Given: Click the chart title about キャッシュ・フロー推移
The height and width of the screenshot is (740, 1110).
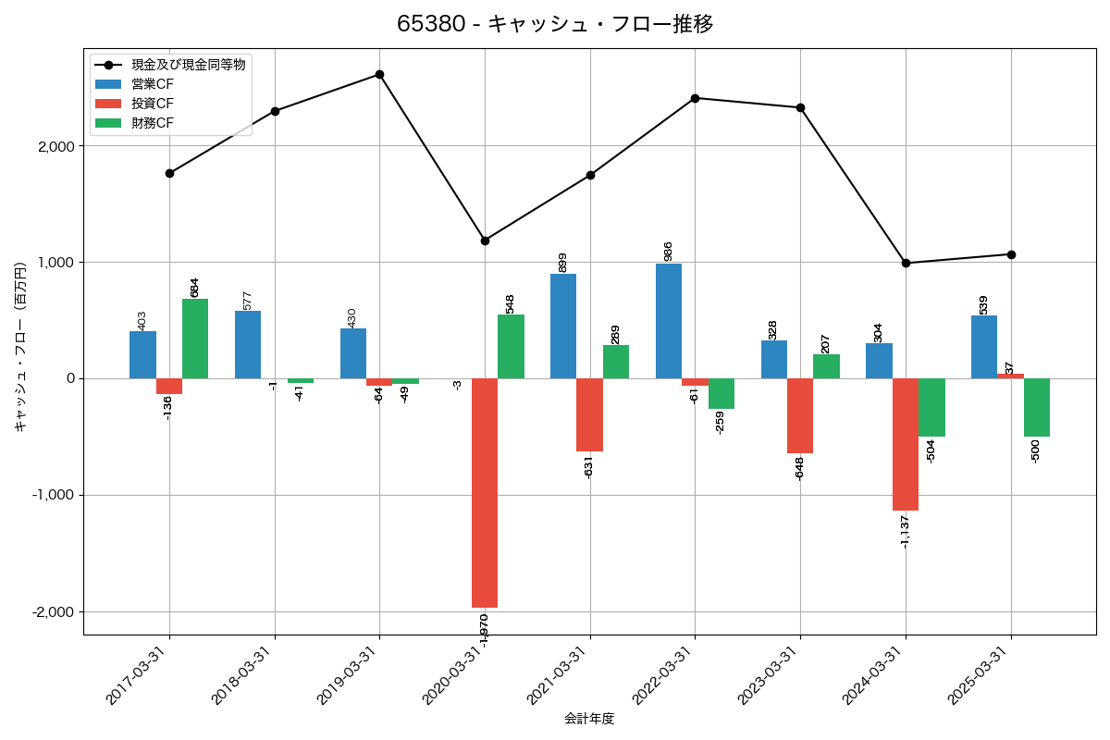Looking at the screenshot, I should pos(555,24).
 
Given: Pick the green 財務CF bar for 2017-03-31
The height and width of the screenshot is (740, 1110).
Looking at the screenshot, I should pos(195,339).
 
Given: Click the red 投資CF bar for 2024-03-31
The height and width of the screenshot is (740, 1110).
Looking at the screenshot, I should pos(906,444).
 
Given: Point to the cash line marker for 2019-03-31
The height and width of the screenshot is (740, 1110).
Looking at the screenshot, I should pos(379,74).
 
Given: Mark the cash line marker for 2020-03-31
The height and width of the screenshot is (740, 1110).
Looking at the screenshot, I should pos(485,240).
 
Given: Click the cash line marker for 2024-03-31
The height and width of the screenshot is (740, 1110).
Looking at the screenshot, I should pos(906,263).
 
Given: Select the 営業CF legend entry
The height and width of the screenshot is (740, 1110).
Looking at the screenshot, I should pos(152,84).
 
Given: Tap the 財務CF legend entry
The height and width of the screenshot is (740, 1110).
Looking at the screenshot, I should pos(152,123).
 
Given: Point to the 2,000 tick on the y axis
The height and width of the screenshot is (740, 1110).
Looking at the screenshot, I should pos(55,146).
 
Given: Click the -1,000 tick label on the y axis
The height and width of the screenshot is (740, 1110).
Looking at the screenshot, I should pos(53,495).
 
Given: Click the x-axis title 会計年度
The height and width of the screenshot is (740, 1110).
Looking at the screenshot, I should pos(589,719).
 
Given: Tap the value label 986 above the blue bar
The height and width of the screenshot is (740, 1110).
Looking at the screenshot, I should pos(668,251).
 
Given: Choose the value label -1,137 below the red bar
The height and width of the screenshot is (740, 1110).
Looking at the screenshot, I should pos(905,531).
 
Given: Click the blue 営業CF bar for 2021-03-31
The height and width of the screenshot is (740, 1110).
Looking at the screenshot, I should pos(563,326).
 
